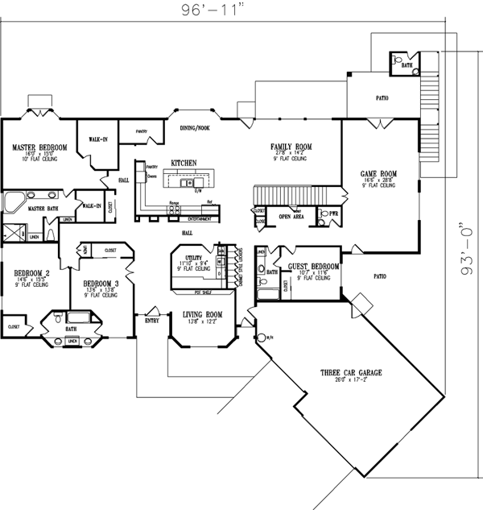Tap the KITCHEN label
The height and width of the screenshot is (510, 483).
click(x=184, y=164)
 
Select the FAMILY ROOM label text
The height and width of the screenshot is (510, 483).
click(x=291, y=146)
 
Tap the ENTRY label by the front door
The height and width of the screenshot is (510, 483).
click(x=151, y=321)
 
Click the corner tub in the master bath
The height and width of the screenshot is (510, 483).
click(x=14, y=201)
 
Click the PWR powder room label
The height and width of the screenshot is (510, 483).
click(x=334, y=214)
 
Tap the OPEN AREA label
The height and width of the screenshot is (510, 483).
click(x=291, y=217)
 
